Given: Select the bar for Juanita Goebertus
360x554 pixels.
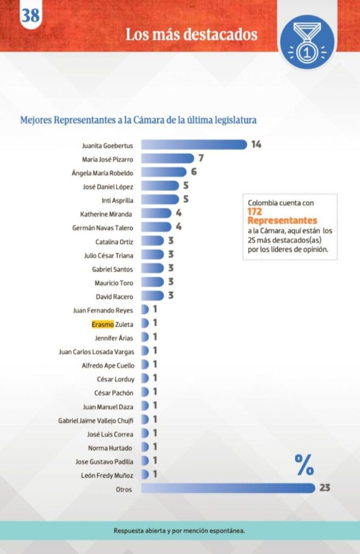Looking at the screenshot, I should (194, 144).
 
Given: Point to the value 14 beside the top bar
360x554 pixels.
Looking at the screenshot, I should (256, 144).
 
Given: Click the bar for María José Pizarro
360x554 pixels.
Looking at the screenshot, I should (167, 159).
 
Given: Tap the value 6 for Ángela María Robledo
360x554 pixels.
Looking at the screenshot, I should (193, 172).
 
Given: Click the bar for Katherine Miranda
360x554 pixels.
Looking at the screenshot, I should (156, 213).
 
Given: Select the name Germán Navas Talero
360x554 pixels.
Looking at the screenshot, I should (103, 227).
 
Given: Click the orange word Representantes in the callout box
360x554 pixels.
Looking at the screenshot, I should (282, 221).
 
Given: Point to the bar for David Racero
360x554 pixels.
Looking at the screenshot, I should (152, 296).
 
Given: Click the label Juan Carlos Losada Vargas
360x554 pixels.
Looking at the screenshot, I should (97, 351).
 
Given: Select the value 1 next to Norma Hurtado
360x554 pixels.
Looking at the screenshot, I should (154, 447).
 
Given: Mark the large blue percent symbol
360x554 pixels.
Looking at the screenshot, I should (304, 465).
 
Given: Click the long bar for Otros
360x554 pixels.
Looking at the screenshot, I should (228, 489).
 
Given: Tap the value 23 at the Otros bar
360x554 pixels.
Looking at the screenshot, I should (324, 489).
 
